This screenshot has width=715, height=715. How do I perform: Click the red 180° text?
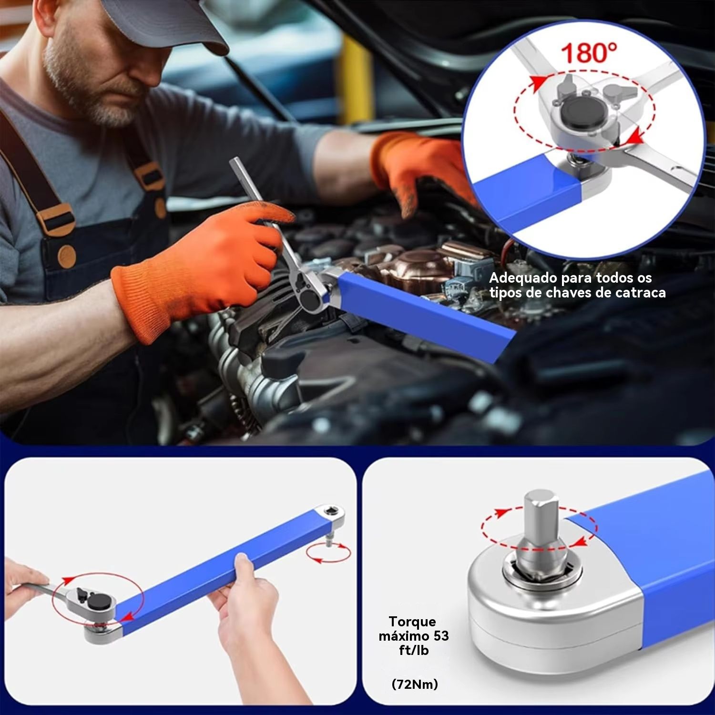tap(589, 53)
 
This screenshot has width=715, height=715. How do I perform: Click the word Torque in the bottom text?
tap(412, 622)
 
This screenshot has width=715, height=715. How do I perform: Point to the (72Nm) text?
tap(415, 684)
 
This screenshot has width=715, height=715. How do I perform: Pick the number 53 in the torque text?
tap(441, 636)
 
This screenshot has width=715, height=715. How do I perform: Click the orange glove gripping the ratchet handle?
tap(200, 267)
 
